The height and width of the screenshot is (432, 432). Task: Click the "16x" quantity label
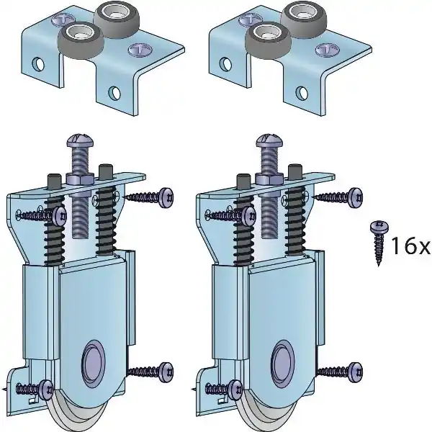coord(410,246)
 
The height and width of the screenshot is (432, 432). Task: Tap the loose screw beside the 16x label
coord(379,243)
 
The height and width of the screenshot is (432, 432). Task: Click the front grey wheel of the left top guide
coord(81,40)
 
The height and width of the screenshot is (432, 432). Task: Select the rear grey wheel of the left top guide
coord(116,20)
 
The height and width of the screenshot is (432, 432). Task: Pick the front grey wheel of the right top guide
coord(268,40)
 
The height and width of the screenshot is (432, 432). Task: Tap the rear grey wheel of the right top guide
coord(304,20)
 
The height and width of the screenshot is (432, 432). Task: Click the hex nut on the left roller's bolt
coord(80,179)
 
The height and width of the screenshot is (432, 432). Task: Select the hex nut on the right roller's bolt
coord(269,179)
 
